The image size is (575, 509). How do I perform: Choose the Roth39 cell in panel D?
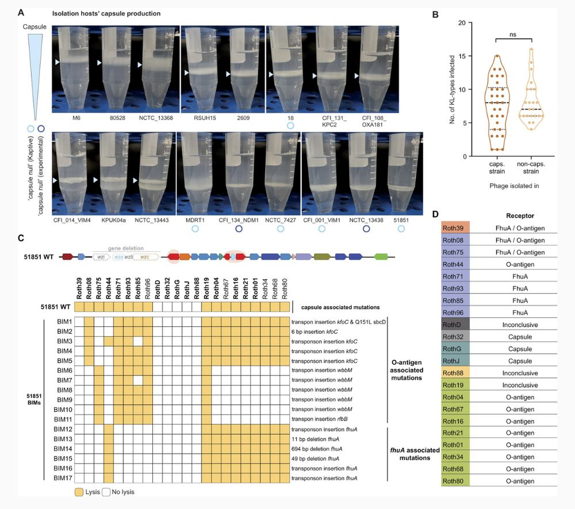[x=455, y=228]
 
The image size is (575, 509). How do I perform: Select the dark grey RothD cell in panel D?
[x=455, y=325]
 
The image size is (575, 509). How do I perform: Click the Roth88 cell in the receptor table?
[x=455, y=373]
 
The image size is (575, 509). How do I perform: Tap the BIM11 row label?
[x=61, y=421]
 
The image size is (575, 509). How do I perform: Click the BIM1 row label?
[x=61, y=321]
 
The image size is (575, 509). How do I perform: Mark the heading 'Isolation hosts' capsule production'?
[x=106, y=13]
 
